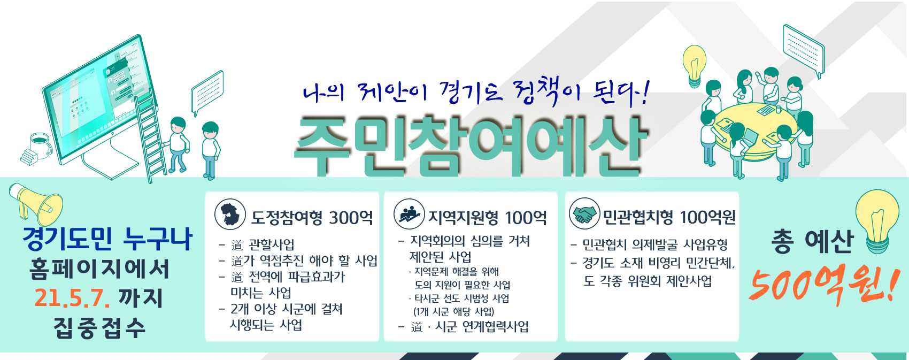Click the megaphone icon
point(36,204)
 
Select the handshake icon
point(583,214)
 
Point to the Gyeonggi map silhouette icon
point(230,214)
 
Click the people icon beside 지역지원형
point(409,214)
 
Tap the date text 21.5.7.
point(72,298)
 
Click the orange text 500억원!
point(821,284)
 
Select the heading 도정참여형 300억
point(312,217)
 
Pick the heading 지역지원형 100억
point(487,217)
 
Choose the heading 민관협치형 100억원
point(669,217)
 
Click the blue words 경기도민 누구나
point(107,239)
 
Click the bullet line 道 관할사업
point(263,245)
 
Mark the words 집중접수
point(99,327)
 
